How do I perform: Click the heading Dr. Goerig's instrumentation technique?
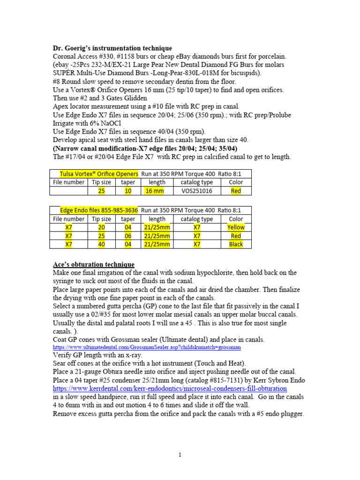click(x=112, y=48)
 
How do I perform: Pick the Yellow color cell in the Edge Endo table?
click(x=236, y=227)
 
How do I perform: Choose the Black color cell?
click(x=236, y=244)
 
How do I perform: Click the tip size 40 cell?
click(x=101, y=244)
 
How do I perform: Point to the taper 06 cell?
click(x=128, y=236)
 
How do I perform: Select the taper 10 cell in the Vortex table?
click(x=128, y=191)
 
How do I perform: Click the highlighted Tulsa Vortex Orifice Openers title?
click(x=99, y=173)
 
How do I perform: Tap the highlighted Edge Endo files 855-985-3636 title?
click(x=99, y=210)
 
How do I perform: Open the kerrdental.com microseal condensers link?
click(x=170, y=389)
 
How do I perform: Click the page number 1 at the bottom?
click(x=180, y=455)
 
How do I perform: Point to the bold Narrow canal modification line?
click(x=145, y=148)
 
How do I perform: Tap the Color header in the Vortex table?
click(x=236, y=182)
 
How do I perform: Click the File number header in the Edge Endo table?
click(x=69, y=219)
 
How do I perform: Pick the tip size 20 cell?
click(x=101, y=227)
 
